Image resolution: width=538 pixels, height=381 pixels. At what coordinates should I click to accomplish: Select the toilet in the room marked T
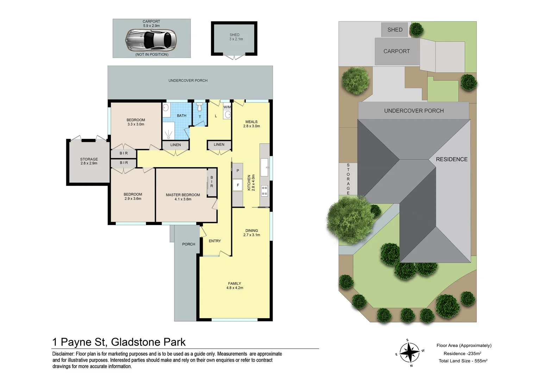(x=200, y=107)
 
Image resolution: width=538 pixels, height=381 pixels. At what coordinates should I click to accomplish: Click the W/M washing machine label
(x=227, y=107)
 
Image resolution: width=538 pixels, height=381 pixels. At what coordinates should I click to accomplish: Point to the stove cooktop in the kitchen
(x=264, y=191)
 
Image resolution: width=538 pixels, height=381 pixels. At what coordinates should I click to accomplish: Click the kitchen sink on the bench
(x=264, y=168)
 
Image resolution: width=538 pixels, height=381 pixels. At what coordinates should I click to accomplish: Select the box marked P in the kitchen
(x=238, y=171)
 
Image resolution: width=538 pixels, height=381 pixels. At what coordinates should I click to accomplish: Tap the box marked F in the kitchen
(x=238, y=185)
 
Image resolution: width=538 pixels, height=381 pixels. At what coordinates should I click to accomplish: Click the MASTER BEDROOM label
(x=183, y=197)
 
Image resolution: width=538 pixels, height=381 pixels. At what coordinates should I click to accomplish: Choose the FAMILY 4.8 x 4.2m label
(x=234, y=286)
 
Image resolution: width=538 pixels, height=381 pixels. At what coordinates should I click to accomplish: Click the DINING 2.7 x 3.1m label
(x=251, y=233)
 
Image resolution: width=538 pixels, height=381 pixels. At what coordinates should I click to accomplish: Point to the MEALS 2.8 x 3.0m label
(x=251, y=124)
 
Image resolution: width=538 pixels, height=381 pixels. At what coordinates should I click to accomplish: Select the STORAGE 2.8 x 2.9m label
(x=89, y=161)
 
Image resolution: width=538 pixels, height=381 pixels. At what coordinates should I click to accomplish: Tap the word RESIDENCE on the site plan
(x=451, y=159)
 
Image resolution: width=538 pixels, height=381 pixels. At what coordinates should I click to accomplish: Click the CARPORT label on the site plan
(x=396, y=52)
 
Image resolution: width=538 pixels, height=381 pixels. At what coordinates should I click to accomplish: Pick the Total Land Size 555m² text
(x=463, y=361)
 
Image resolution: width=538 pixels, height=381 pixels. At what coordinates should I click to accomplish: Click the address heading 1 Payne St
(x=119, y=342)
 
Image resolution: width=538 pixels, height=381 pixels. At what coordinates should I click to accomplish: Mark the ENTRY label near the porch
(x=215, y=241)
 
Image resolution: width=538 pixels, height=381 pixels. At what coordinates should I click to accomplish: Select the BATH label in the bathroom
(x=182, y=116)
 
